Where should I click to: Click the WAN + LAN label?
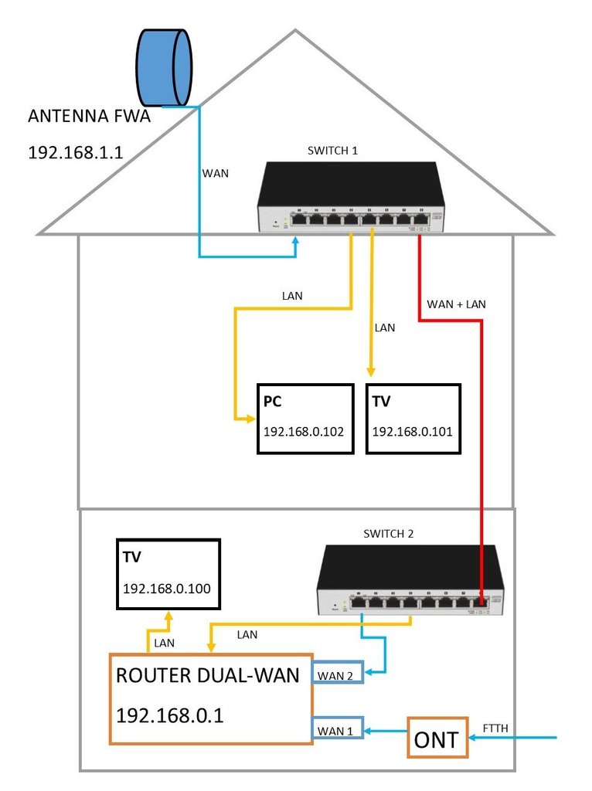[457, 304]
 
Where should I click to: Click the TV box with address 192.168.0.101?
[413, 418]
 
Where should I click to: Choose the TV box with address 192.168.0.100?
[167, 574]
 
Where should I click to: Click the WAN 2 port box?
[336, 674]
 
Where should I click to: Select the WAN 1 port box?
[336, 728]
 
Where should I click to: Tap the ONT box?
[437, 739]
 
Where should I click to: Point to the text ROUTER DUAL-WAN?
[207, 676]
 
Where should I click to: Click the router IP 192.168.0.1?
[170, 715]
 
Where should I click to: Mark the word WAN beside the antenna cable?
[216, 173]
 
